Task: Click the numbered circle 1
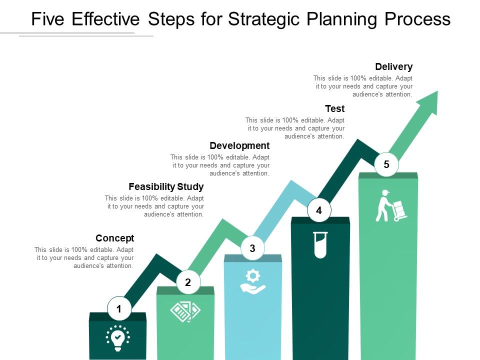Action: pos(119,309)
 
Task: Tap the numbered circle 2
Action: pos(188,282)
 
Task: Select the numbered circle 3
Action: pos(252,248)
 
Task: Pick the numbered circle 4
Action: pos(319,210)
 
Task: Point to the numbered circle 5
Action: pos(386,164)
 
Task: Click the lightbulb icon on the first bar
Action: pos(117,337)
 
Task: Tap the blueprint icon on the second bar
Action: pos(185,311)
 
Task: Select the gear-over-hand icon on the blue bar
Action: pos(253,281)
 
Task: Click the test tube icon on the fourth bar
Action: pos(320,244)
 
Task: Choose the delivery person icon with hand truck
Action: pos(390,205)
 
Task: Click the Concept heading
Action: pos(114,238)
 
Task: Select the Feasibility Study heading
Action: pos(166,187)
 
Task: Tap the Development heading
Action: pos(239,145)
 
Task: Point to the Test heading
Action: pos(334,108)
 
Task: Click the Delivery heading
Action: pos(393,66)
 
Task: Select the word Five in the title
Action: pos(48,19)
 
